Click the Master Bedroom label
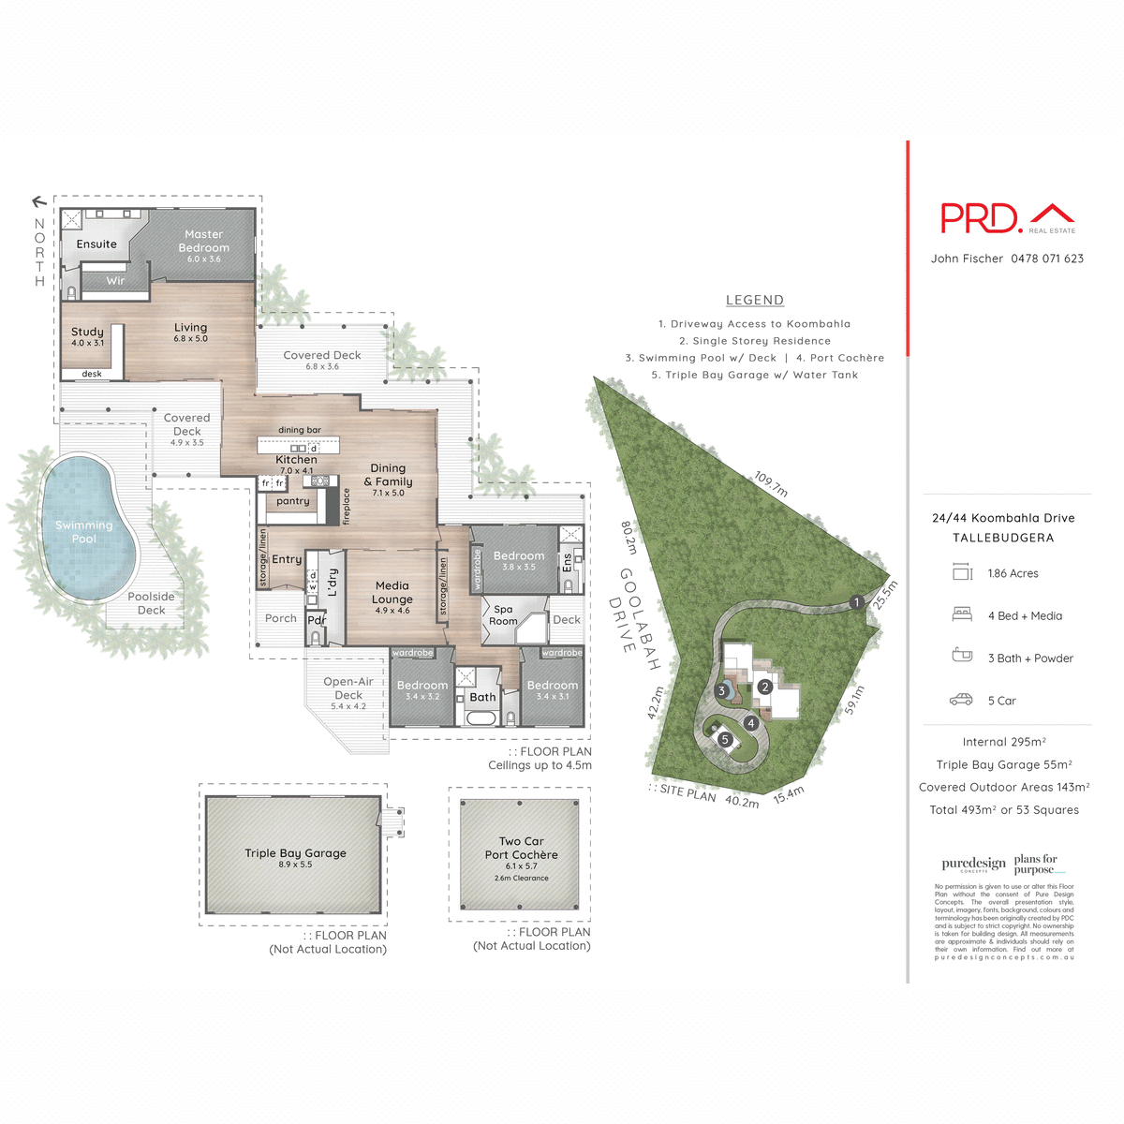tap(203, 242)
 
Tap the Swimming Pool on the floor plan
tap(84, 531)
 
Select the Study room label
tap(87, 333)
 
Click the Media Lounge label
tap(392, 593)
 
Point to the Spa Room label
tap(503, 615)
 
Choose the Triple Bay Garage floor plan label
tap(295, 853)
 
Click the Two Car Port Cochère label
tap(521, 848)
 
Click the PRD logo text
tap(980, 218)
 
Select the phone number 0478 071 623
tap(1047, 259)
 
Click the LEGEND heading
tap(755, 301)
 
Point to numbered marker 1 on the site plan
tap(856, 602)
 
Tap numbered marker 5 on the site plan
tap(725, 739)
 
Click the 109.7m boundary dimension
tap(771, 484)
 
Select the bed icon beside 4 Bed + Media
tap(962, 614)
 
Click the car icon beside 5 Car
tap(961, 700)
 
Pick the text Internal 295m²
tap(1004, 742)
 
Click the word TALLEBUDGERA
tap(1003, 538)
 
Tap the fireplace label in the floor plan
tap(346, 506)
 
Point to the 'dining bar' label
tap(300, 430)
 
